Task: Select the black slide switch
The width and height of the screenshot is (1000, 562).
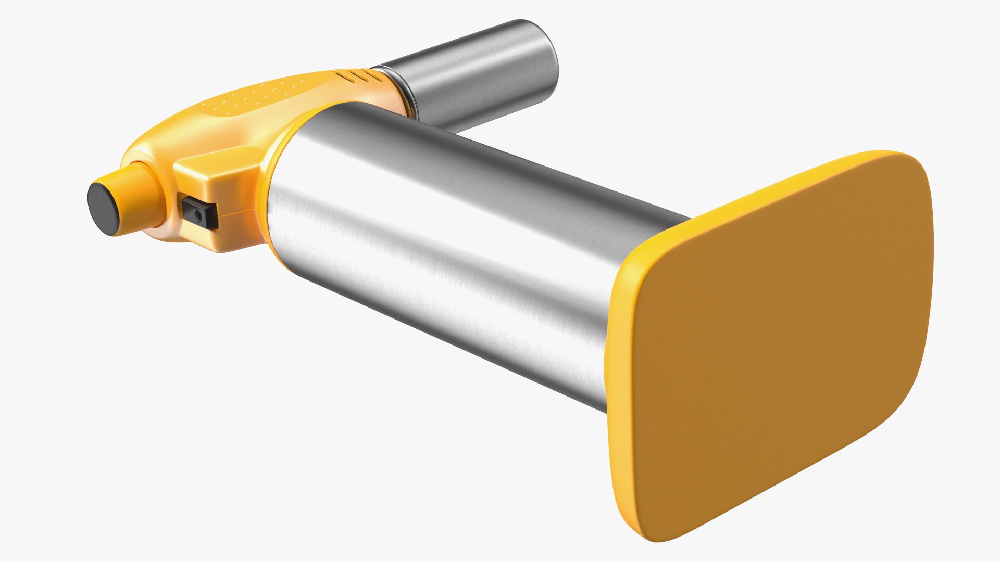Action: pyautogui.click(x=199, y=211)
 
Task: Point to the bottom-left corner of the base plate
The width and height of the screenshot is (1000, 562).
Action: pyautogui.click(x=641, y=531)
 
